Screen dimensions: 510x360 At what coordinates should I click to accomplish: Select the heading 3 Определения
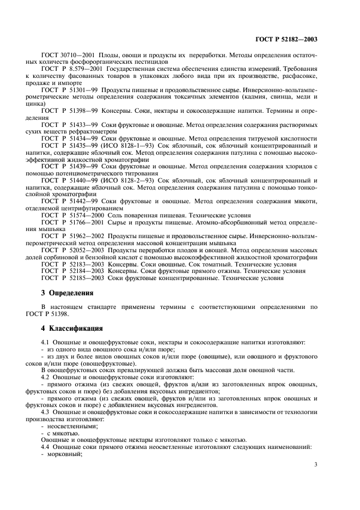(x=68, y=293)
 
